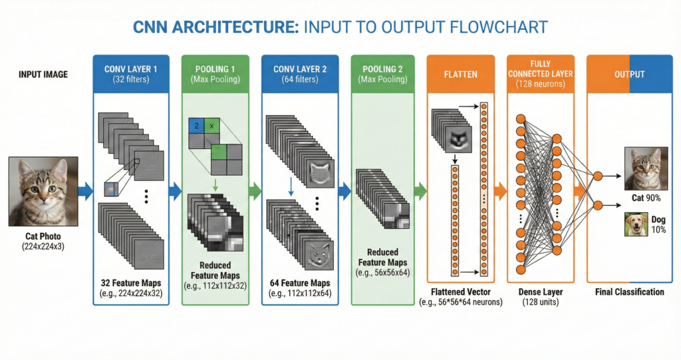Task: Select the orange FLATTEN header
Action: coord(462,74)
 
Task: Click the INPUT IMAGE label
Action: coord(43,75)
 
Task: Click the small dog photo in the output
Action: coord(636,224)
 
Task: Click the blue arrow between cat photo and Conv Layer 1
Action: coord(84,192)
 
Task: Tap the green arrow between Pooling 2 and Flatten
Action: coord(419,192)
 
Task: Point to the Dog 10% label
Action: coord(657,224)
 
